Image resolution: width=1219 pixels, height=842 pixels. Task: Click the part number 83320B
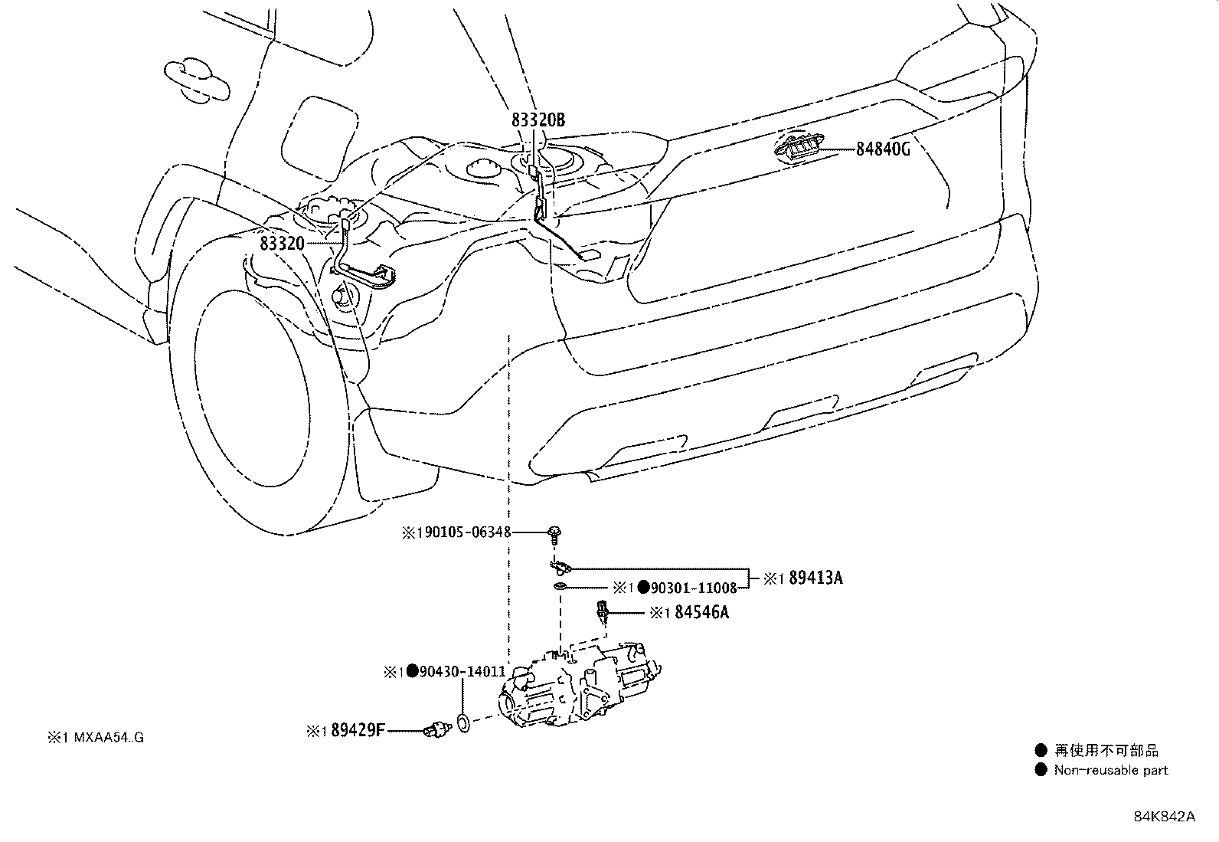click(x=538, y=120)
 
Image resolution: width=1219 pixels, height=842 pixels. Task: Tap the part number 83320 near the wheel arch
click(x=283, y=244)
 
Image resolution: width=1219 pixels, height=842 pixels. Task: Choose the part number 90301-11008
click(x=694, y=588)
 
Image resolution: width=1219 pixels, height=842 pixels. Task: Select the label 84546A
click(x=701, y=613)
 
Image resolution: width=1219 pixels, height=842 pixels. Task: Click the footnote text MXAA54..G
click(x=104, y=738)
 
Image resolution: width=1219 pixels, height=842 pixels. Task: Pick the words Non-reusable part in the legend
click(x=1110, y=770)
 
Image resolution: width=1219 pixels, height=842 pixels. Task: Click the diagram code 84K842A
click(x=1164, y=817)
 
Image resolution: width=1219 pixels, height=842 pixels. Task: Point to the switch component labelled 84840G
click(x=801, y=147)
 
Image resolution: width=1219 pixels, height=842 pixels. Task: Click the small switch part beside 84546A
click(x=603, y=612)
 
